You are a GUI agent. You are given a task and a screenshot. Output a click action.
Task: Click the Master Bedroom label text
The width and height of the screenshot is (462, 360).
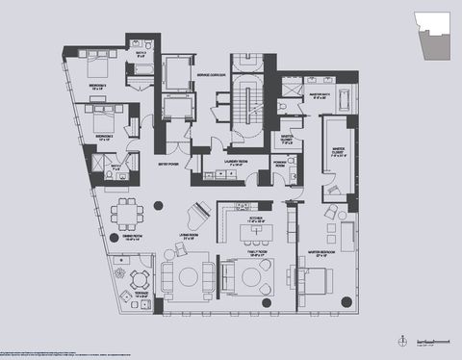point(320,254)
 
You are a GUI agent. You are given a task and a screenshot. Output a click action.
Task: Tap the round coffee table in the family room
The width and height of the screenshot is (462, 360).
point(254,279)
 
